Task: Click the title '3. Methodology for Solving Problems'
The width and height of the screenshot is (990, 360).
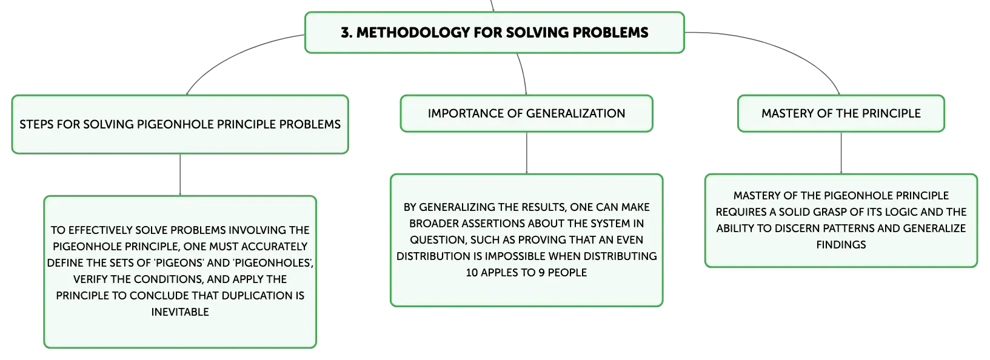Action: pos(495,33)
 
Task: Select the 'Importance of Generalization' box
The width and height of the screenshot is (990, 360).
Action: pos(526,113)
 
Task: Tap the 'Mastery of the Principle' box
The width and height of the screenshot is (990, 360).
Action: pos(841,113)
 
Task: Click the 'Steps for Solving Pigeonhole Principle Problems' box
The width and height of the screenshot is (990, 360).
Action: pos(180,125)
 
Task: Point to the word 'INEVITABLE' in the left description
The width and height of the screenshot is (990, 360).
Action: pos(180,312)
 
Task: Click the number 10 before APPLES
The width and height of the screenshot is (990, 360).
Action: pos(472,273)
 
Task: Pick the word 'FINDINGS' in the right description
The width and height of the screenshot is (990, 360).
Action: pos(841,245)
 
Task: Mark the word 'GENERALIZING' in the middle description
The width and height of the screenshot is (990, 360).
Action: pos(457,207)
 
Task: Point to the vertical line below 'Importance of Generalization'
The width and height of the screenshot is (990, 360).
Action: pos(526,153)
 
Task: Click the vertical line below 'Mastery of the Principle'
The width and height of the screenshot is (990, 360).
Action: pos(841,153)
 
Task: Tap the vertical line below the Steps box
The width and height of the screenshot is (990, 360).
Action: pos(180,175)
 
